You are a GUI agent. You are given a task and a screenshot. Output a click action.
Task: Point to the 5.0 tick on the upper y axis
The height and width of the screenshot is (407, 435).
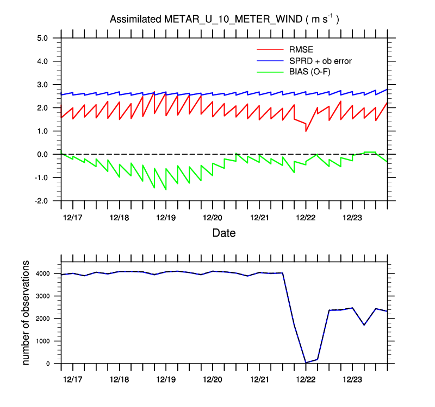42,38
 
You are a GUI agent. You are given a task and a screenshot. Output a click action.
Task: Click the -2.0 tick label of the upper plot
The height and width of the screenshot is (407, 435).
41,201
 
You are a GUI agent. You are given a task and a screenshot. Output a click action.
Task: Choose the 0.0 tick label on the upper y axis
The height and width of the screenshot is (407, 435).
42,154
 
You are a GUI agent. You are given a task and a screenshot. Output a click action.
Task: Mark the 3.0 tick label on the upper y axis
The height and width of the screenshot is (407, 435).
42,85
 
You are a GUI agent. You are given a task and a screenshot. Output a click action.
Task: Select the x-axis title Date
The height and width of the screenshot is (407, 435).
224,233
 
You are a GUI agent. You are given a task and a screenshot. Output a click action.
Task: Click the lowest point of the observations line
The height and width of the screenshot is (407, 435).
306,363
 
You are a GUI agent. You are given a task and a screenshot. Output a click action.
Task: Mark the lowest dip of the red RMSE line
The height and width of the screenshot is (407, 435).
306,131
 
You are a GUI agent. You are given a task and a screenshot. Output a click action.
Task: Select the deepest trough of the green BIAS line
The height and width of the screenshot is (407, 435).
166,189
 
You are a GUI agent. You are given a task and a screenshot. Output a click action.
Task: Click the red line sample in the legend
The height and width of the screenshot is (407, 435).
270,50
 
